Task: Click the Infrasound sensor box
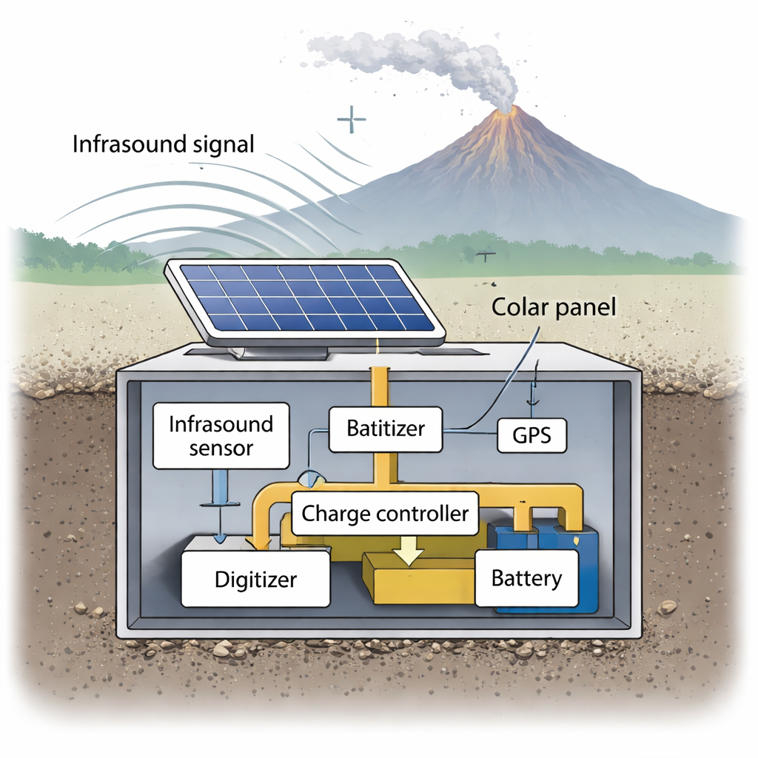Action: click(x=221, y=436)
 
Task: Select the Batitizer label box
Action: click(x=385, y=429)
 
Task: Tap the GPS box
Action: click(x=531, y=435)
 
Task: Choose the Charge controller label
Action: click(x=385, y=513)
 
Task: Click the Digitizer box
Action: click(x=255, y=578)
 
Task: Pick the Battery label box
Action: click(x=526, y=578)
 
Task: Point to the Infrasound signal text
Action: click(x=163, y=144)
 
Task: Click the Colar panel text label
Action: click(x=554, y=306)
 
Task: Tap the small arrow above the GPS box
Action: click(x=529, y=396)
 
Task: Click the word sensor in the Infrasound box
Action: click(x=221, y=449)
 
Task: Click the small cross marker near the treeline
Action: click(x=486, y=255)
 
